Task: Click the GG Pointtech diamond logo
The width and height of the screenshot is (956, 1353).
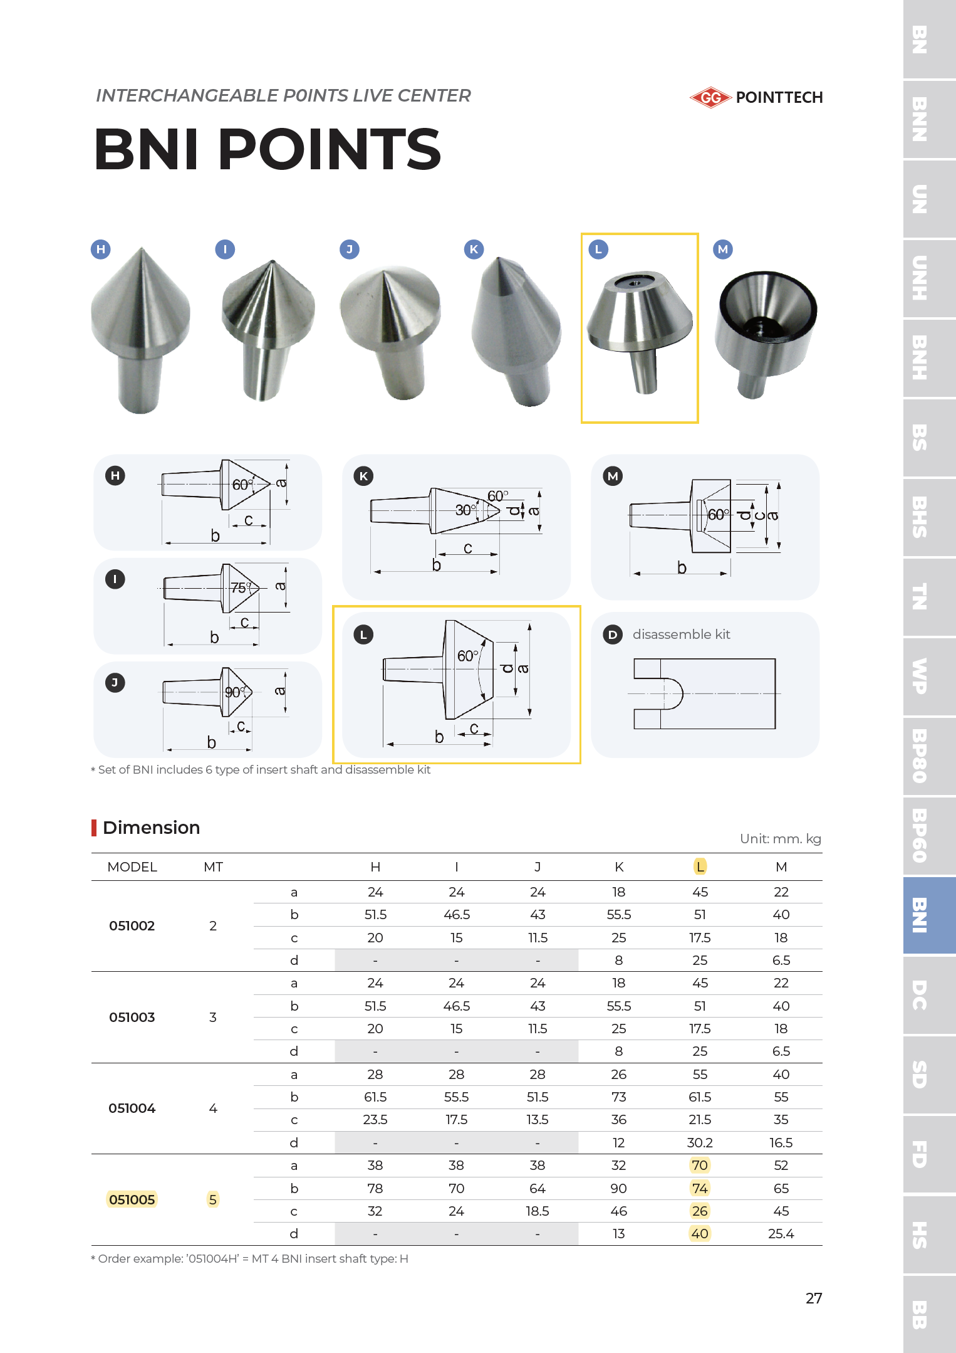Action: click(x=710, y=98)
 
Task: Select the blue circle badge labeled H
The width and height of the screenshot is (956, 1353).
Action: click(x=101, y=250)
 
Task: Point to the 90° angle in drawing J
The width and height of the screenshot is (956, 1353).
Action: click(x=234, y=692)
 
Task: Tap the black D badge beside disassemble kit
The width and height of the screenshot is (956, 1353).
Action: click(x=612, y=634)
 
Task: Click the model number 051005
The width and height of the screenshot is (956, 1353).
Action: click(x=132, y=1199)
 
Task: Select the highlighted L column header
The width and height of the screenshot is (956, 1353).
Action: click(x=700, y=866)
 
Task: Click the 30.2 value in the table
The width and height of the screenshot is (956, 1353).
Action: click(x=700, y=1142)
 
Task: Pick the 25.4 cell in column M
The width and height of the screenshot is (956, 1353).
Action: click(x=781, y=1234)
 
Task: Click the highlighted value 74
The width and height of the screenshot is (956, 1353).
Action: click(x=700, y=1188)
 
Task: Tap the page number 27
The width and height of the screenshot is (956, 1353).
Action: click(x=813, y=1298)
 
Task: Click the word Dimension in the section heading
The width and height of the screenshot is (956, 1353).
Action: click(x=151, y=828)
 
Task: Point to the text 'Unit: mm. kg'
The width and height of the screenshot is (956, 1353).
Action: click(x=780, y=839)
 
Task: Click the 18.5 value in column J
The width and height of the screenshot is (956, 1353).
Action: click(x=538, y=1211)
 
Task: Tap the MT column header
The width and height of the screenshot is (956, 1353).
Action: click(x=213, y=867)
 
